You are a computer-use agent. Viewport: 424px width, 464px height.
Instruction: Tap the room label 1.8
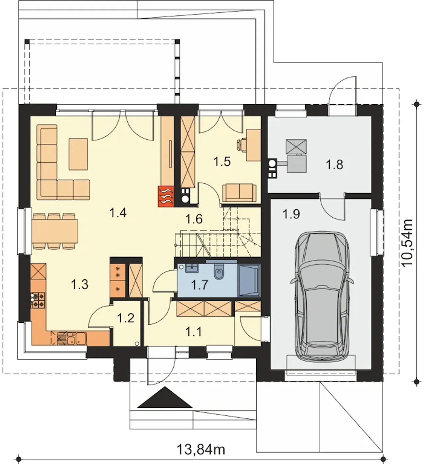point(334,165)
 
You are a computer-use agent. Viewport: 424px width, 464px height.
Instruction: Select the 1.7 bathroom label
point(200,285)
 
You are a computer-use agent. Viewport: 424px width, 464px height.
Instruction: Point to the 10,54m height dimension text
point(407,243)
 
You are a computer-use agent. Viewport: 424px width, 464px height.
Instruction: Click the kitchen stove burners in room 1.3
point(38,300)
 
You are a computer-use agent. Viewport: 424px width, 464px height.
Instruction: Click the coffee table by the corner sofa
point(78,154)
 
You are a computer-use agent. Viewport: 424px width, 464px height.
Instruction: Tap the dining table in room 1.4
point(55,231)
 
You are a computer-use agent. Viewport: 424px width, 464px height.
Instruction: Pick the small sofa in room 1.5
point(239,193)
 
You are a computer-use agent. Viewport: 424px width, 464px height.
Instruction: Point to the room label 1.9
point(291,214)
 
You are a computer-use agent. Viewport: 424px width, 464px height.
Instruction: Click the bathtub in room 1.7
point(249,280)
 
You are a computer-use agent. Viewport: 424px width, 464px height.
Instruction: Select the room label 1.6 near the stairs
point(194,218)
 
